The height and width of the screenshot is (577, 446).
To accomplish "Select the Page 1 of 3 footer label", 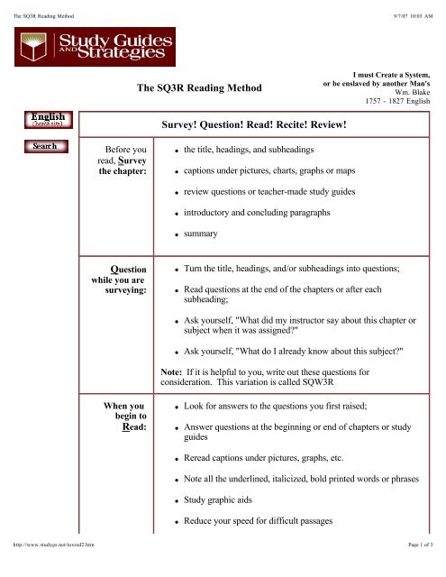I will point(422,571).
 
